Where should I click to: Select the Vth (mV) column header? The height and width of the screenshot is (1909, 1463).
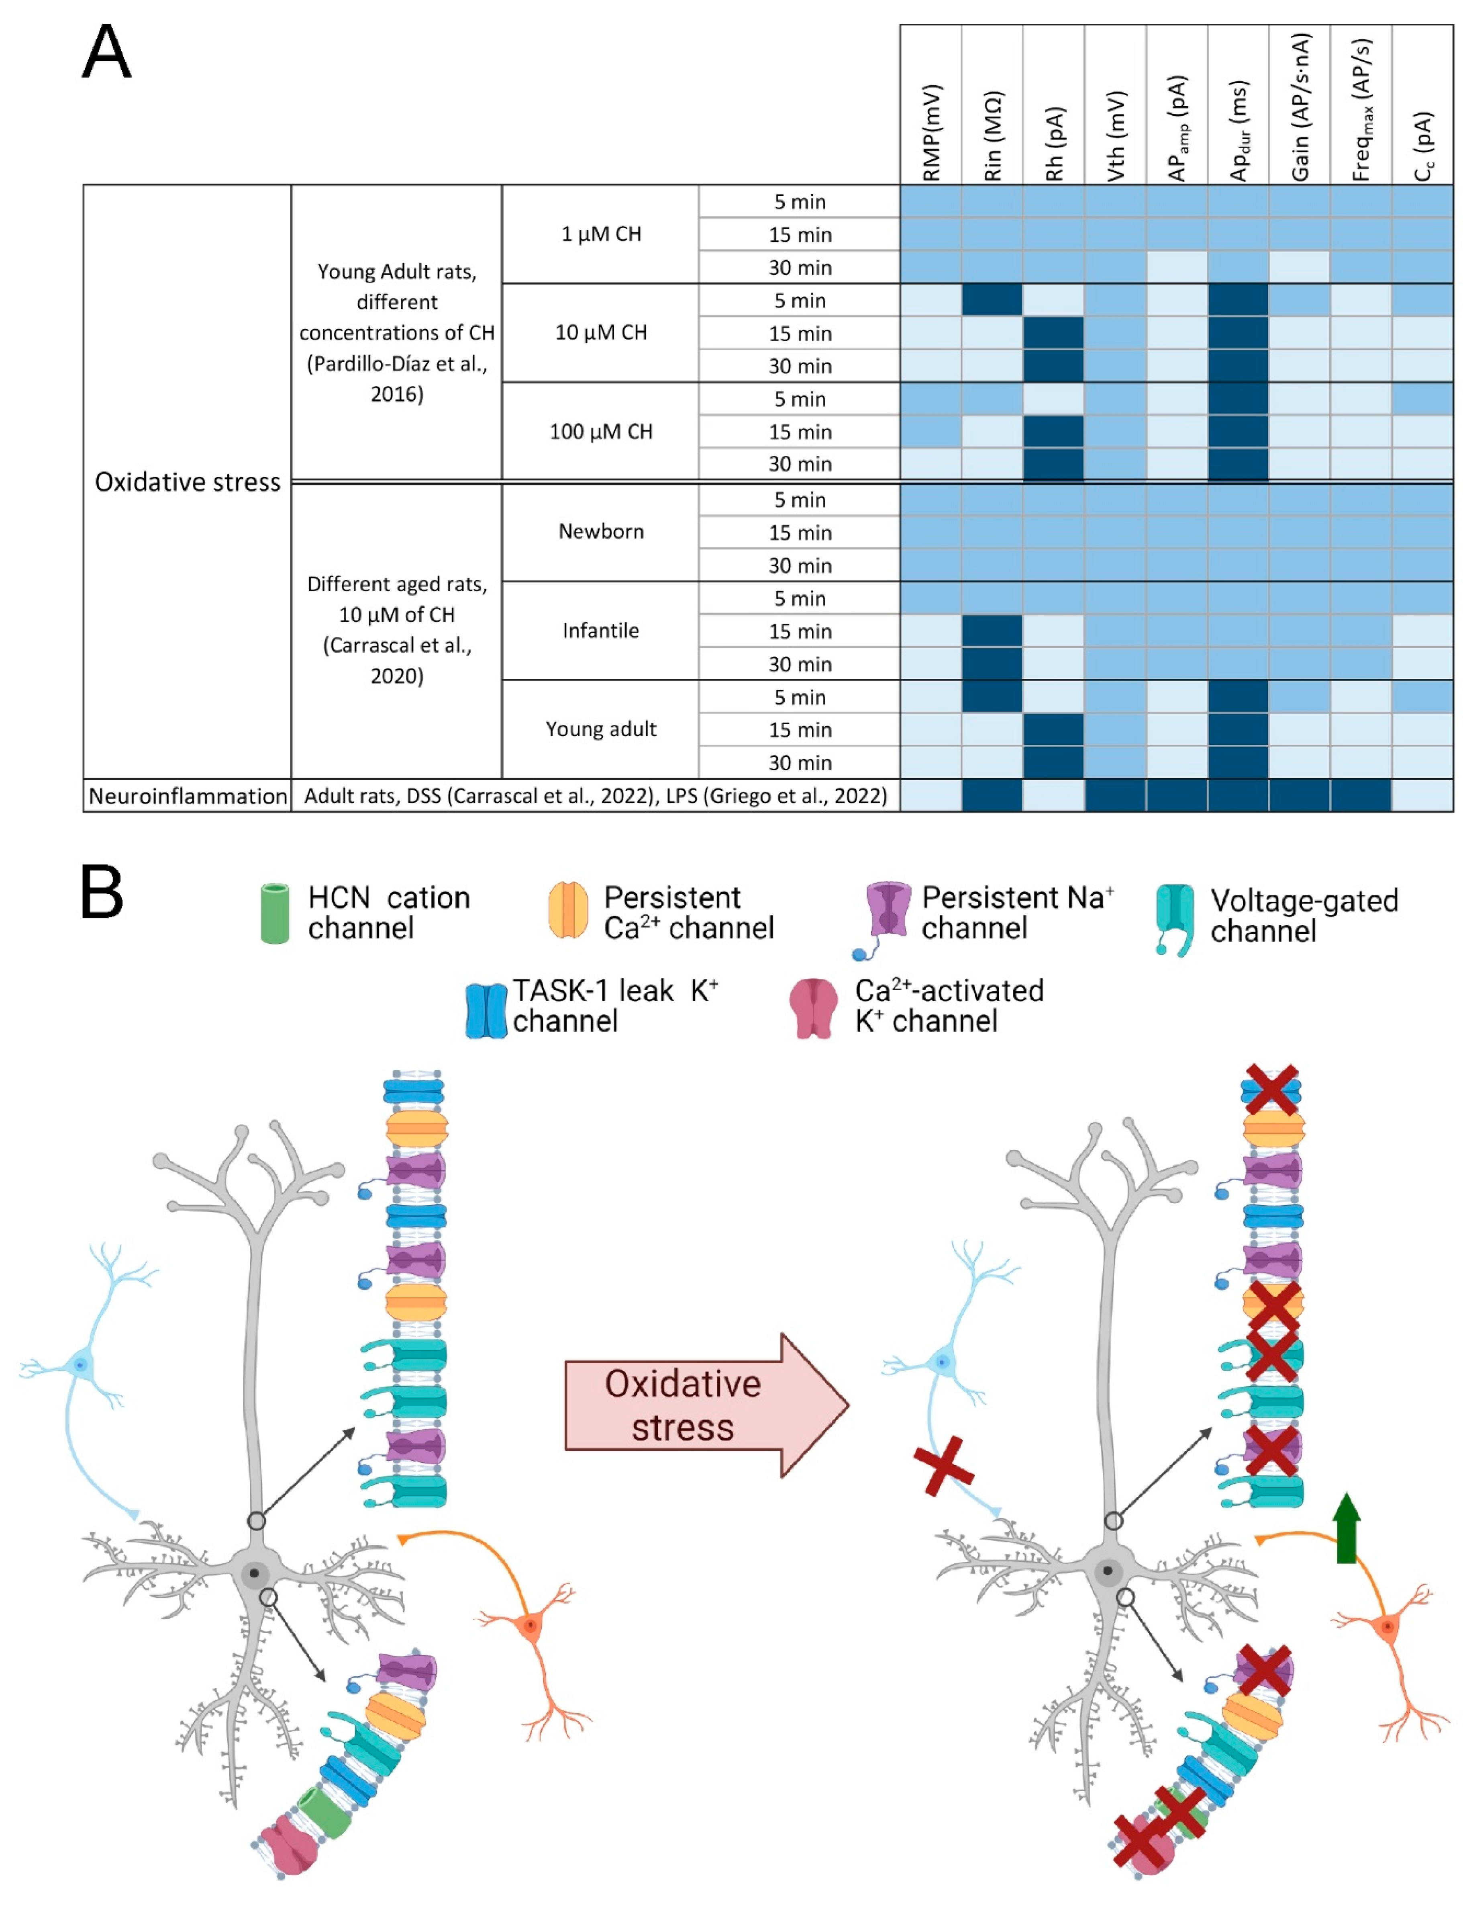[1116, 135]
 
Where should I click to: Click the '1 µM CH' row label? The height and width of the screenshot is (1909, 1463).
[601, 234]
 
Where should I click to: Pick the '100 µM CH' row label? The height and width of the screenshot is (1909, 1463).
[601, 431]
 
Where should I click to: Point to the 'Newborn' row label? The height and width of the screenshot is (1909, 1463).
[601, 531]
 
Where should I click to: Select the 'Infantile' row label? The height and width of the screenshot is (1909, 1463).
[601, 630]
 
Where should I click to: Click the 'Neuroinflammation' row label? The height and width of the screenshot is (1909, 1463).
[187, 795]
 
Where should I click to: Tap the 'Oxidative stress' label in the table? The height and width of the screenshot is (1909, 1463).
[187, 482]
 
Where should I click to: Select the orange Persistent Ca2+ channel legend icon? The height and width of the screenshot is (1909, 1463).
[568, 911]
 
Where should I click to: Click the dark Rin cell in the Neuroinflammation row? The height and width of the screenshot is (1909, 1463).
[992, 795]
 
